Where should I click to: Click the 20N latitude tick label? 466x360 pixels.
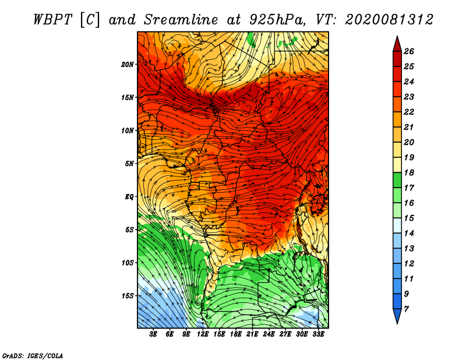point(128,65)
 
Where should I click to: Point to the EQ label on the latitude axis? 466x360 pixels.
point(129,197)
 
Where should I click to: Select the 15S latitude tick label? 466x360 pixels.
point(128,296)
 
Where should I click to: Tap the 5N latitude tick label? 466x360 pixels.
point(129,164)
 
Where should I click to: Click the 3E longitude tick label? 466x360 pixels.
point(153,334)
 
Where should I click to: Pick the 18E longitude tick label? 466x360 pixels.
point(236,334)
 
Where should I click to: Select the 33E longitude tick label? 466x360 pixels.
point(318,334)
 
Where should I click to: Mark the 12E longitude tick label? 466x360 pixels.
point(203,334)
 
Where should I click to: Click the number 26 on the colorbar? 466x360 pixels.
point(409,51)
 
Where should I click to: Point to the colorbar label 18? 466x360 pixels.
point(409,172)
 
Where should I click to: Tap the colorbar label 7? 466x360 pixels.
point(406,309)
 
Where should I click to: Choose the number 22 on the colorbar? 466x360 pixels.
point(409,112)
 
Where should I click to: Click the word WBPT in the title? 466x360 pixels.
point(52,20)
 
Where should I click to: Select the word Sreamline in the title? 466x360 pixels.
point(181,20)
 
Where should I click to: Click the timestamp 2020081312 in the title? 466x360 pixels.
point(389,20)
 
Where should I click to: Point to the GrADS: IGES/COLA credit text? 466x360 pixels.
point(33,355)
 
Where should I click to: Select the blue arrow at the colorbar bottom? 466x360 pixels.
point(397,316)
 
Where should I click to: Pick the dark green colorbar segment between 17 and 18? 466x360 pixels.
point(397,180)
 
